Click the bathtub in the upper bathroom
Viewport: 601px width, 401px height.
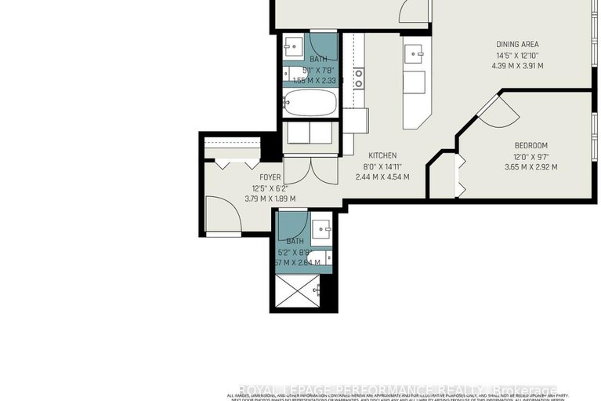(x=310, y=103)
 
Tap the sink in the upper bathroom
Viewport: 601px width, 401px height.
(x=295, y=46)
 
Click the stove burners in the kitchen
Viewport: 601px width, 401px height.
(x=359, y=78)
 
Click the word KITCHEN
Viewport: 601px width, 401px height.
(x=383, y=155)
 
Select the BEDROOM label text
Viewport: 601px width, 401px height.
(x=530, y=146)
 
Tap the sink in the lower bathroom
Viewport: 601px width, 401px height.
(x=322, y=230)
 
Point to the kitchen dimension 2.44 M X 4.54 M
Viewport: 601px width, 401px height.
(x=383, y=177)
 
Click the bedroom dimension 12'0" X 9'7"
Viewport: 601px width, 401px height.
(x=530, y=156)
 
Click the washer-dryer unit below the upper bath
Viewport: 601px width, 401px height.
(x=309, y=134)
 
